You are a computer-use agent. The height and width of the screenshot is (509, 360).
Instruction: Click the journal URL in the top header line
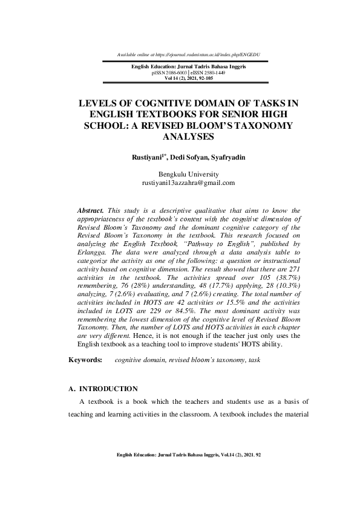(x=208, y=55)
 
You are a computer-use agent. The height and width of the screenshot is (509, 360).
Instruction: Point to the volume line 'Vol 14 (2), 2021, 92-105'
(x=188, y=77)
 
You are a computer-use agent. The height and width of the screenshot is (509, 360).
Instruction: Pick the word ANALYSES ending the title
(x=188, y=136)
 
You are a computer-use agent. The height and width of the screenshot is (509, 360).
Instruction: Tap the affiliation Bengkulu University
(x=188, y=174)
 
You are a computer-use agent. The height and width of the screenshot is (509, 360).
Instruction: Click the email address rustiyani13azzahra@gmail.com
(x=188, y=182)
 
